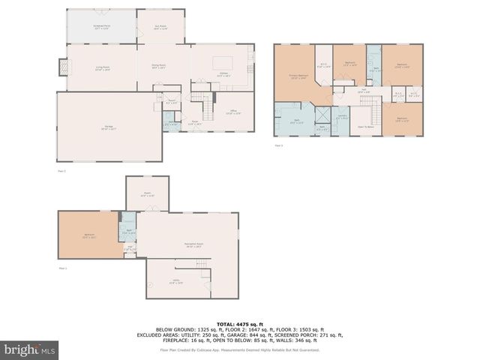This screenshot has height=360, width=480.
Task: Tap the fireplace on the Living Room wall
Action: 62,68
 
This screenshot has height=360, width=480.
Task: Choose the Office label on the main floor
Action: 232,112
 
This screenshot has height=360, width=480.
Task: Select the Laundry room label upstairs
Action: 341,117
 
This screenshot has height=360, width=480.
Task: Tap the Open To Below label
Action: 367,127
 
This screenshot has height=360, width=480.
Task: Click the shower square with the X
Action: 321,115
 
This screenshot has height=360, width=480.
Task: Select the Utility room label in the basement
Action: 175,282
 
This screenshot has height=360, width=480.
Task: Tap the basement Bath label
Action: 129,231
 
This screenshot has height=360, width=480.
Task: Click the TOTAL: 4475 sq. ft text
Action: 240,322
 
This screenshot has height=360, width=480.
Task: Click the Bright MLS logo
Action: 30,349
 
